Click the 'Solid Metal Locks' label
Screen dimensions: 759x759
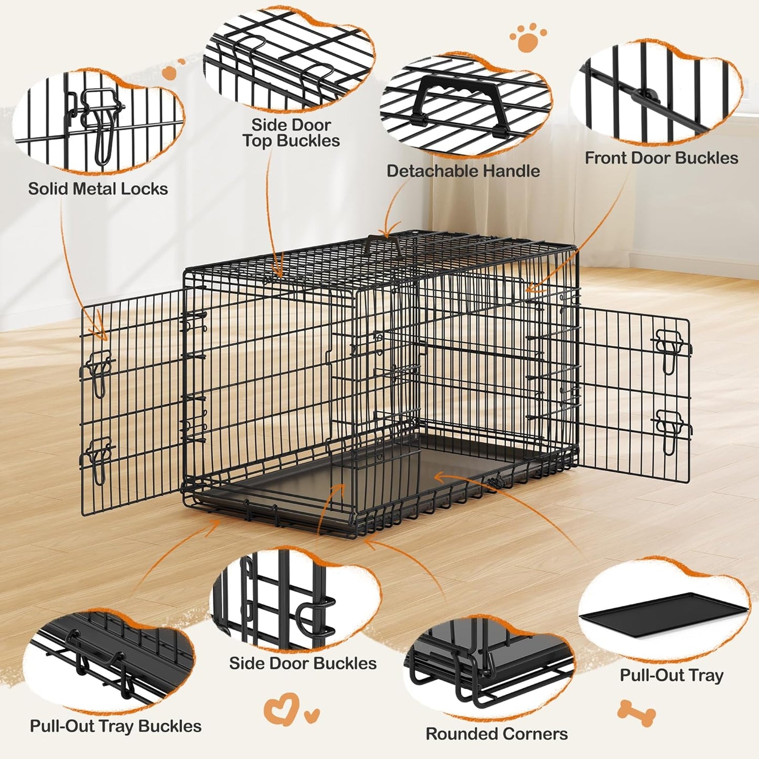click(x=98, y=189)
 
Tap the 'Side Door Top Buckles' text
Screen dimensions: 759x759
click(x=291, y=133)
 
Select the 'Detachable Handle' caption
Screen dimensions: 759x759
click(x=463, y=171)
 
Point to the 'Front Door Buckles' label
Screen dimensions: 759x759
click(x=661, y=158)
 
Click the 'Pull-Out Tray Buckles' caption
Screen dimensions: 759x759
click(x=116, y=726)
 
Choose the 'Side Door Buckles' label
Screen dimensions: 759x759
click(x=303, y=663)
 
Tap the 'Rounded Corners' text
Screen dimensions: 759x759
click(x=496, y=733)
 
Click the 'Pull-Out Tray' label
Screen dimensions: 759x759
click(x=671, y=675)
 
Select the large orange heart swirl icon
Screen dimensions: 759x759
click(x=282, y=709)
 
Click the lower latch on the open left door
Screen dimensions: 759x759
click(x=98, y=460)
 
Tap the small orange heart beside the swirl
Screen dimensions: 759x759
click(x=312, y=714)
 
